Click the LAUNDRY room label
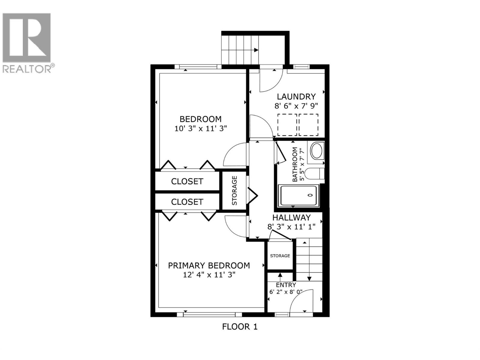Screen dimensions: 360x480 [x=296, y=97]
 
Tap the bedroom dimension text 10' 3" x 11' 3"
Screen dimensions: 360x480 [x=200, y=128]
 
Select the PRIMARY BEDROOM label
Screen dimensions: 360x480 [x=209, y=265]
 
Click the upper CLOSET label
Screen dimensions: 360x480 [x=187, y=181]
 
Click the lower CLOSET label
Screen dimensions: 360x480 [x=187, y=202]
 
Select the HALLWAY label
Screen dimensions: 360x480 [x=291, y=217]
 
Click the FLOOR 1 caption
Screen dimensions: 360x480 [x=240, y=326]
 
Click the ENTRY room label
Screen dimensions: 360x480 [x=286, y=285]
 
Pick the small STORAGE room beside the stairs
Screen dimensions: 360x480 [x=280, y=256]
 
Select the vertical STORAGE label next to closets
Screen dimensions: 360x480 [x=235, y=190]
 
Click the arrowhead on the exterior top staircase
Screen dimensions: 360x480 [x=256, y=50]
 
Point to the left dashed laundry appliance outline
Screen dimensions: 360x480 [x=287, y=124]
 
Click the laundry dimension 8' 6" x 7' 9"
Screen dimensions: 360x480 [x=296, y=106]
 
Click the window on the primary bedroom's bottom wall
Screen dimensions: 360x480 [x=209, y=314]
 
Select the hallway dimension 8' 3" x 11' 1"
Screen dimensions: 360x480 [x=291, y=226]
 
